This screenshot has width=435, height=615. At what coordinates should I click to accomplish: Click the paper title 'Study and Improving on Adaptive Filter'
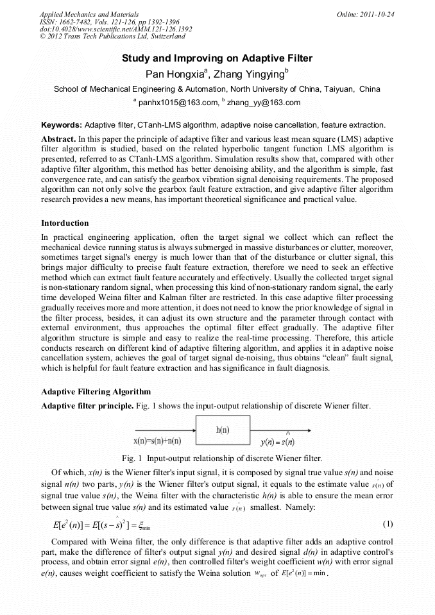[217, 59]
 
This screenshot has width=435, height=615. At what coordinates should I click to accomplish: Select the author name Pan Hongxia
[173, 74]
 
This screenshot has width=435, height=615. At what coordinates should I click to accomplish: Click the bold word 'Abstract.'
[59, 139]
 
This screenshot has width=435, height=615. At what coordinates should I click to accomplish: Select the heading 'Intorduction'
[65, 223]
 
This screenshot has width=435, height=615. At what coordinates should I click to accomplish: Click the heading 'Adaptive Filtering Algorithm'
[96, 391]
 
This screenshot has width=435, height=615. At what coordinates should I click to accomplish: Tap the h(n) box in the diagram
[223, 429]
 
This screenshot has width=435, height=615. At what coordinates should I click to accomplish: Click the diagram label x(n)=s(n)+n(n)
[157, 441]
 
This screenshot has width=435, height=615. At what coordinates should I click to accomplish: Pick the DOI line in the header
[115, 29]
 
